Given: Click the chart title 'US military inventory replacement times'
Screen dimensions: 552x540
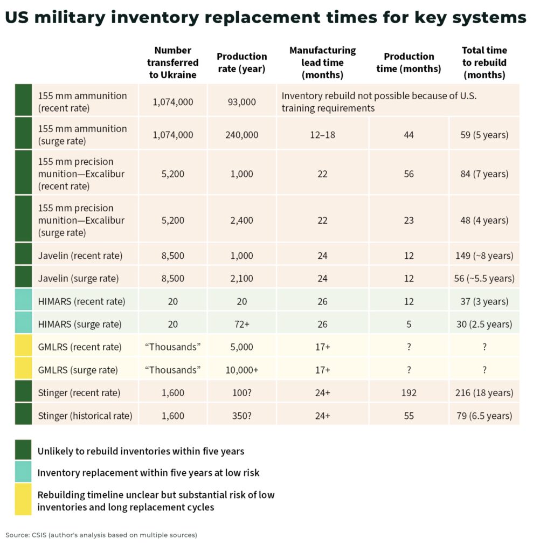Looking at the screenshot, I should point(265,17).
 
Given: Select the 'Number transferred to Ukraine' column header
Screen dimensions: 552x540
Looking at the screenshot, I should point(172,63).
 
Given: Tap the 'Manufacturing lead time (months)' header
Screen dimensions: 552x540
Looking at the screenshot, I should point(322,63).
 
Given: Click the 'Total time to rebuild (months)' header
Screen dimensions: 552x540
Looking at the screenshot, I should point(484,63).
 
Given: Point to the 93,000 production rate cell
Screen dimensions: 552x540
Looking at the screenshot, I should point(242,101).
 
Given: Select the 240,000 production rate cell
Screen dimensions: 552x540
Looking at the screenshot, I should point(242,135).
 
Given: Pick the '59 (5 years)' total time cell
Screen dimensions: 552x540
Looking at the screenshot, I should point(484,135).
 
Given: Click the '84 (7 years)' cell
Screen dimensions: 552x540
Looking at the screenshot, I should point(484,174).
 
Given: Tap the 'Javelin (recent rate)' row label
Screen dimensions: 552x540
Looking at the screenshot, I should point(80,256).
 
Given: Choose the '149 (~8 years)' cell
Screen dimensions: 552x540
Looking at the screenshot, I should point(484,256).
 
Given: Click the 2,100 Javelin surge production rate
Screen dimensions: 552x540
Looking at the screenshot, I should point(242,279).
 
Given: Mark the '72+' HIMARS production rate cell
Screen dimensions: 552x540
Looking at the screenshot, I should point(242,325).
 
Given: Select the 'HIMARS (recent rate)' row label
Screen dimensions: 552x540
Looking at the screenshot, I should point(81,301).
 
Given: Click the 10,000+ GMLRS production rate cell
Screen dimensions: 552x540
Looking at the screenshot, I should point(242,370).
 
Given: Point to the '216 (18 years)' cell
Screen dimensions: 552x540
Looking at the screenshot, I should point(484,393).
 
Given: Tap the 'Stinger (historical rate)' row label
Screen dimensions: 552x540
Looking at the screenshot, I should point(85,416).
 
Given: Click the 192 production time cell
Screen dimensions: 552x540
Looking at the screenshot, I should point(409,393).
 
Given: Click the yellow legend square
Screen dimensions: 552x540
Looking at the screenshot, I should point(23,499).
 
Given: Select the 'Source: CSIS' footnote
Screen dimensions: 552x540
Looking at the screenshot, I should point(101,535).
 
